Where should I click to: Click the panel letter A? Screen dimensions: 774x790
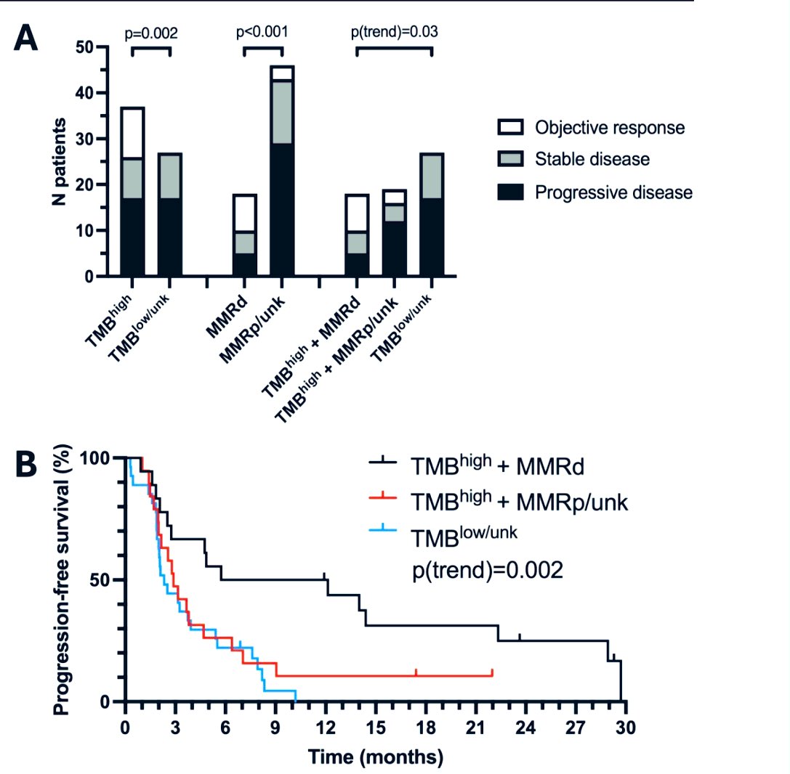[27, 37]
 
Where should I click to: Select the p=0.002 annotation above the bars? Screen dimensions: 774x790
[150, 33]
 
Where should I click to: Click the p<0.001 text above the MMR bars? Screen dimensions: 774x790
[262, 33]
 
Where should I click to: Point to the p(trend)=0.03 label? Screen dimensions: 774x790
[394, 33]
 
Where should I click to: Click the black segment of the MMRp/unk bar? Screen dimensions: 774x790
[281, 209]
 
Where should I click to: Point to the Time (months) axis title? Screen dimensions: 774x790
[375, 757]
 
